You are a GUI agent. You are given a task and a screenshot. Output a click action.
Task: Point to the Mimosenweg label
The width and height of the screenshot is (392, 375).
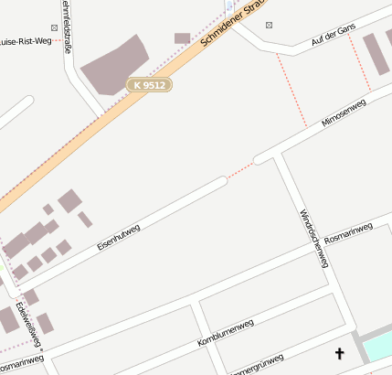[x=344, y=113]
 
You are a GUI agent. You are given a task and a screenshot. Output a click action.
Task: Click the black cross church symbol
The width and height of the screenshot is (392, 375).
[x=340, y=352]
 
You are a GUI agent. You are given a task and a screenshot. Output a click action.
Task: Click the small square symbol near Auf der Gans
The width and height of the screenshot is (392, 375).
[x=269, y=25]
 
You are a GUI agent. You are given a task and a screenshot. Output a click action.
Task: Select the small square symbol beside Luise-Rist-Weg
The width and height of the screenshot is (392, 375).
[x=54, y=28]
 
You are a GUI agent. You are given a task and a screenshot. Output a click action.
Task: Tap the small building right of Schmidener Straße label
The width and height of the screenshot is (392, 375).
[x=182, y=38]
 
